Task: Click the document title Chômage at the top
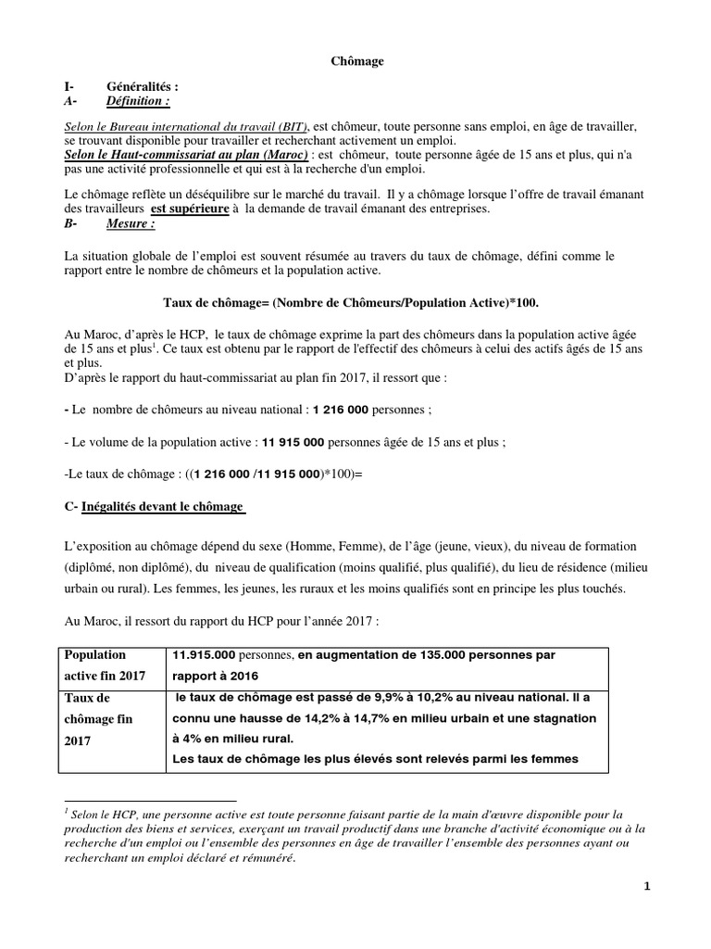(357, 61)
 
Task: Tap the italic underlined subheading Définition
(138, 100)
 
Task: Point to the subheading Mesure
(131, 223)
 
